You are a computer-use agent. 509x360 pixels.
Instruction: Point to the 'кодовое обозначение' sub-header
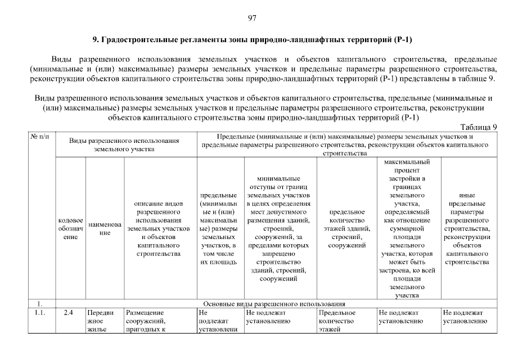[70, 228]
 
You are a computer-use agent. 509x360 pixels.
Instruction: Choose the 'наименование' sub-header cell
[104, 228]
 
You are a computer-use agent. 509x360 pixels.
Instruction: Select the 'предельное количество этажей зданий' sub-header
[346, 228]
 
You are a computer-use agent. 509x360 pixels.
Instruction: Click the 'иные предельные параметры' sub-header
[467, 228]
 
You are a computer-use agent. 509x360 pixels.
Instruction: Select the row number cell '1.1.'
[40, 312]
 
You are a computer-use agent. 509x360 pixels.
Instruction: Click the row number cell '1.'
[40, 304]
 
